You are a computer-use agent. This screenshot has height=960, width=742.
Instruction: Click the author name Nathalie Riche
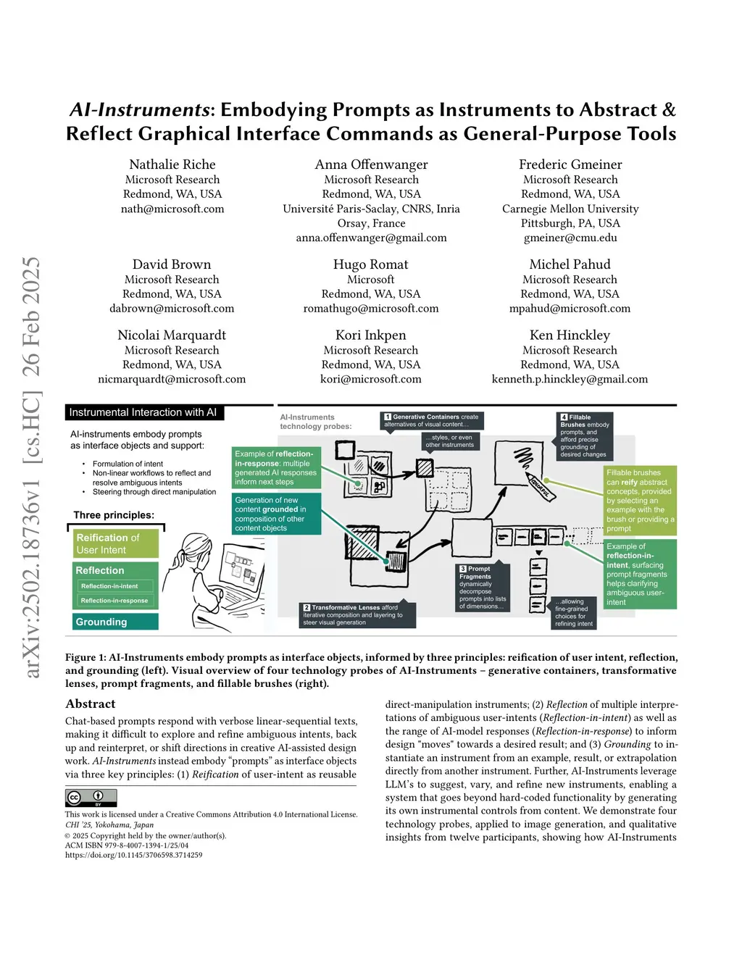[172, 164]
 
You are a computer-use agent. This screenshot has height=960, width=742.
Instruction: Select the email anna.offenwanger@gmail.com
[371, 238]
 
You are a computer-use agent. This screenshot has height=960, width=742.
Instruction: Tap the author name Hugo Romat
[370, 264]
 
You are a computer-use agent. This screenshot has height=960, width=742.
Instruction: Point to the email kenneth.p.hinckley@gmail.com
[570, 379]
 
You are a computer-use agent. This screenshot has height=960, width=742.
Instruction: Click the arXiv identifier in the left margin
[31, 467]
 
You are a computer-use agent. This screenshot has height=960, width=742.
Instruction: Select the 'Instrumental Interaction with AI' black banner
[143, 412]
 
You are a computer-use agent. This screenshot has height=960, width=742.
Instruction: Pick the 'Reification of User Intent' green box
[116, 543]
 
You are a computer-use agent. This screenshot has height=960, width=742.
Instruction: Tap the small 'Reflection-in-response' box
[114, 601]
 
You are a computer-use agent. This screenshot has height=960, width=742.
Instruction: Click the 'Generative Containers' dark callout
[432, 420]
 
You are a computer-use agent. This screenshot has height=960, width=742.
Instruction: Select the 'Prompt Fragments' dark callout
[483, 588]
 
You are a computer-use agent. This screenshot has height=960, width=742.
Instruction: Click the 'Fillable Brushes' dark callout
[585, 435]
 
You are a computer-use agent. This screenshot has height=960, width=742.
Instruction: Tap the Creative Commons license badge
[91, 798]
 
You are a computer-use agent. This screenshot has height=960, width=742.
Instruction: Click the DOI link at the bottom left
[134, 855]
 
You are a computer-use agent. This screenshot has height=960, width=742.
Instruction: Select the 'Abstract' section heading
[91, 704]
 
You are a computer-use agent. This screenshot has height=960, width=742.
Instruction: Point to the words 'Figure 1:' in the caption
[86, 657]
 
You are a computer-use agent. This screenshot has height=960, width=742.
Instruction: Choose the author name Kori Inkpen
[370, 335]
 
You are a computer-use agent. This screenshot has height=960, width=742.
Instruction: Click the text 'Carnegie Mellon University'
[570, 209]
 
